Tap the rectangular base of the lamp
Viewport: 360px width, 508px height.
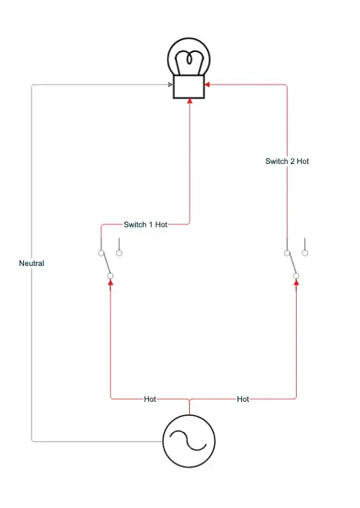[189, 88]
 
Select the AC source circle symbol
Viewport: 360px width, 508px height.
[189, 440]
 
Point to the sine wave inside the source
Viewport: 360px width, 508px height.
[189, 441]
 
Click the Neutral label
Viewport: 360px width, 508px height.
[32, 263]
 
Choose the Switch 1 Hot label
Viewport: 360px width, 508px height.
[146, 224]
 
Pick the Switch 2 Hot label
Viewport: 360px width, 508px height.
[287, 161]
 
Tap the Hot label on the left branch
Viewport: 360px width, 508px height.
[150, 399]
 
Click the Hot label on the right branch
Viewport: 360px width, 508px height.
[243, 399]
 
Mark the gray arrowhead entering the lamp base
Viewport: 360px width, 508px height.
[170, 85]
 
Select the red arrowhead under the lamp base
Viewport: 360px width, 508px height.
[189, 103]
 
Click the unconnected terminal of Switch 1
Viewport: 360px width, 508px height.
[119, 251]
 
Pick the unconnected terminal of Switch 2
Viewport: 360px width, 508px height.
[305, 251]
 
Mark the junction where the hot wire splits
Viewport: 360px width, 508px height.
[189, 399]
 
